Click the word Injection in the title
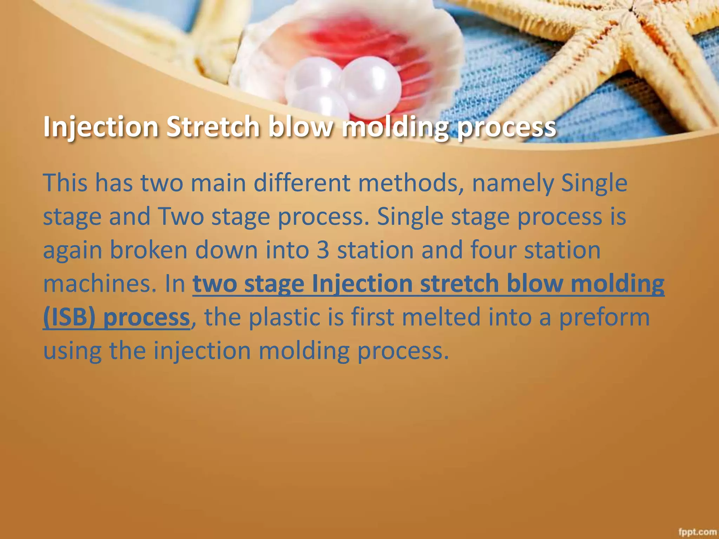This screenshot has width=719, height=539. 101,127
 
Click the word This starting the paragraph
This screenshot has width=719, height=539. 65,183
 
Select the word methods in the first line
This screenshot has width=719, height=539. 409,183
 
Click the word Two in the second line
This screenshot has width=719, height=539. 181,217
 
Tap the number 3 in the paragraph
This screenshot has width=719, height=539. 323,250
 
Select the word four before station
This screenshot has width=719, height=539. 493,250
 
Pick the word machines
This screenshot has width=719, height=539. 99,284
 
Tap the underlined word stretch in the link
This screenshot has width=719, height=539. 459,284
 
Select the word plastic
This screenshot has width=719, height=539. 284,317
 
